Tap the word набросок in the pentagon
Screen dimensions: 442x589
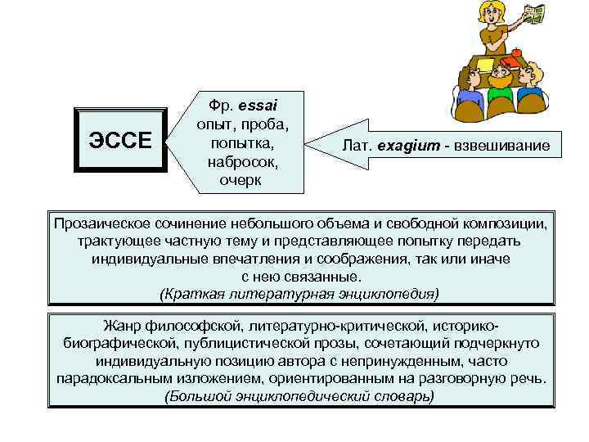click(x=241, y=161)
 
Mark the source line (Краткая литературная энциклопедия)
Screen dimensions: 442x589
click(x=299, y=292)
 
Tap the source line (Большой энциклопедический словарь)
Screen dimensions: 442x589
click(x=299, y=395)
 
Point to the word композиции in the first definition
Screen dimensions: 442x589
click(x=506, y=223)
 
